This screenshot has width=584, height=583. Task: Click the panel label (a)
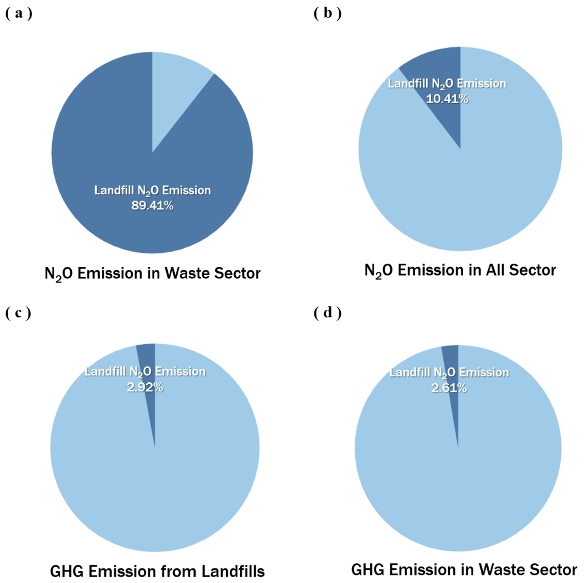coord(19,14)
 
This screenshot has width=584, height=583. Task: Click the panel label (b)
coord(328,14)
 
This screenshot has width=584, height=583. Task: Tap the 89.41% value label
coord(152,206)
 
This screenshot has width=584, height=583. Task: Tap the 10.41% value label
coord(447,99)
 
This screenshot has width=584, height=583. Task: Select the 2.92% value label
coord(145,387)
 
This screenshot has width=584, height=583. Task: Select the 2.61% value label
coord(449,388)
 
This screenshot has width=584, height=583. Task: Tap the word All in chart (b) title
coord(496,270)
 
